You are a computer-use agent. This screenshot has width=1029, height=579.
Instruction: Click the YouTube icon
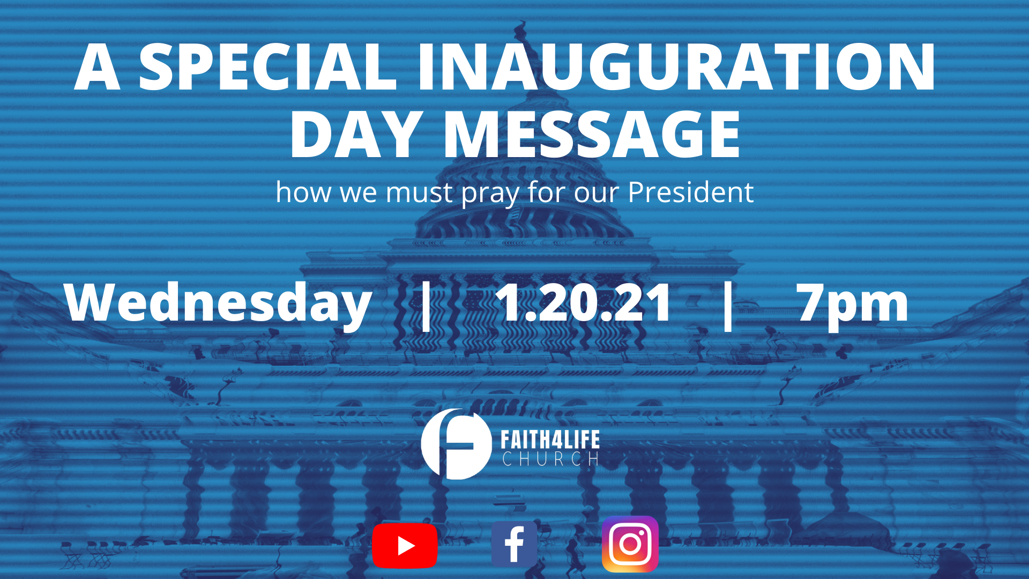[405, 546]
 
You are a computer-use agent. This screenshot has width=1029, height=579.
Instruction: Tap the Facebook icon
[514, 544]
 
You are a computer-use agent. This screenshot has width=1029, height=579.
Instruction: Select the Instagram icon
[630, 544]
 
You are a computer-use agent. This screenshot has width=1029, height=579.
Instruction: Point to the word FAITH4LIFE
[550, 440]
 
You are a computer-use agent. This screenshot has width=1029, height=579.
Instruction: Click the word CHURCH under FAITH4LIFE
[550, 459]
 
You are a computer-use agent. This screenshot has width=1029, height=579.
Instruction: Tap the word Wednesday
[218, 303]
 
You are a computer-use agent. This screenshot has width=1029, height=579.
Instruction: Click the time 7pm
[852, 305]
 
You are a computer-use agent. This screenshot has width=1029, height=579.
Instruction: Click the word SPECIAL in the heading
[268, 67]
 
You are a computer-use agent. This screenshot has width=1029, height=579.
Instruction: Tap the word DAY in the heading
[355, 135]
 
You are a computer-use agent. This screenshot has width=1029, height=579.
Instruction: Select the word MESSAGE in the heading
[592, 135]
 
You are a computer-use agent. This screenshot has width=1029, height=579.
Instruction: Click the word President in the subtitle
[690, 192]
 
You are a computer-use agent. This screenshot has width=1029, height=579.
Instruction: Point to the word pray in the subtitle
[490, 194]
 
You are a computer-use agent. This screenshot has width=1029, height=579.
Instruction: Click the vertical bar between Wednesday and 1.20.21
[427, 305]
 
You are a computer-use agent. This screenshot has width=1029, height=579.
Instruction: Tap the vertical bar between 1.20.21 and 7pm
[728, 305]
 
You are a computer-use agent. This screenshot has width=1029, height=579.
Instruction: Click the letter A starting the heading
[97, 67]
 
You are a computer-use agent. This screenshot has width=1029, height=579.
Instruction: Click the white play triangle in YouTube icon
[406, 546]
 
